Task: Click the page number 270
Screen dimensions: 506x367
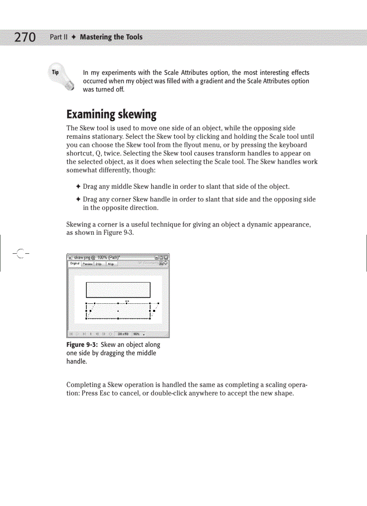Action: (x=25, y=37)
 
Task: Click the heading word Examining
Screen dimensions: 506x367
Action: (x=91, y=114)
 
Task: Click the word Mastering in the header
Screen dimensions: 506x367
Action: (x=95, y=37)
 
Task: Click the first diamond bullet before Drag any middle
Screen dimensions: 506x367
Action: (x=78, y=187)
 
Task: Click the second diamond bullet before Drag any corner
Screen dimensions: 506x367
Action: (x=78, y=200)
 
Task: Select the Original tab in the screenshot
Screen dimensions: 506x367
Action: (x=75, y=264)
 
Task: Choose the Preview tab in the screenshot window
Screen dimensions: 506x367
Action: (x=88, y=264)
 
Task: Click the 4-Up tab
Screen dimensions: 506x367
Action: (x=110, y=264)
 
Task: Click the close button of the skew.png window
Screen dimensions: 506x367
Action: (x=166, y=257)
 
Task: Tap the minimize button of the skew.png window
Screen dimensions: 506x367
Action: (x=156, y=257)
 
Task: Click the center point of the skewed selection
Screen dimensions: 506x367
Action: (x=118, y=311)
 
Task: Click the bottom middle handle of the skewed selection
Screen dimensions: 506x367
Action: (x=118, y=318)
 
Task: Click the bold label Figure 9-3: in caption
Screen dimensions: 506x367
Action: (x=82, y=345)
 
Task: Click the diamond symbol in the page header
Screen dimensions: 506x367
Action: (x=74, y=37)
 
